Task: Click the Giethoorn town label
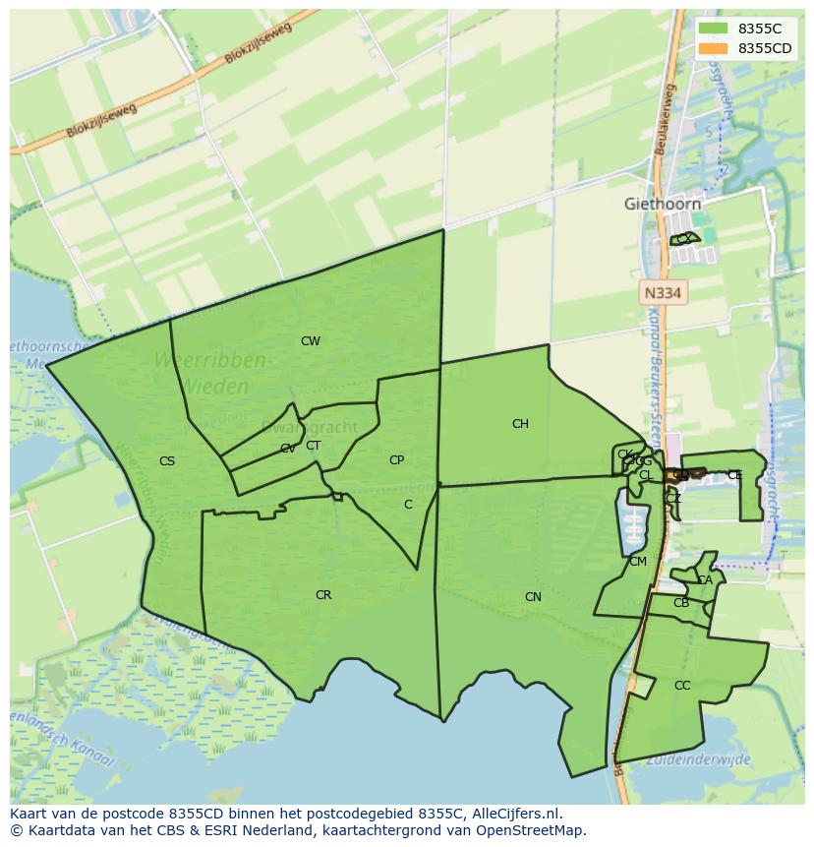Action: tap(663, 205)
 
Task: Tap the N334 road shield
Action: tap(663, 293)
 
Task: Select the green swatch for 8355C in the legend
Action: tap(713, 29)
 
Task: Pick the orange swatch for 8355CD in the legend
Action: tap(713, 48)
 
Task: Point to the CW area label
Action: tap(311, 341)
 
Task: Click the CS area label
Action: tap(167, 460)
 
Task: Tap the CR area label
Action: tap(323, 595)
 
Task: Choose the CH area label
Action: tap(520, 424)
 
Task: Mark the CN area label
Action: tap(533, 597)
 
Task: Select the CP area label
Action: tap(396, 460)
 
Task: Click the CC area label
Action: tap(682, 686)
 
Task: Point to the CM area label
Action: tap(638, 562)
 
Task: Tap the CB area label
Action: tap(681, 603)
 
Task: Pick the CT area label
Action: tap(313, 446)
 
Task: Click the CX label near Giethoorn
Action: tap(683, 239)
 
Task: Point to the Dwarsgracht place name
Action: tap(298, 428)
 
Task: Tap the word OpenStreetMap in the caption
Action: tap(536, 830)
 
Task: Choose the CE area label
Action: tap(734, 475)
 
